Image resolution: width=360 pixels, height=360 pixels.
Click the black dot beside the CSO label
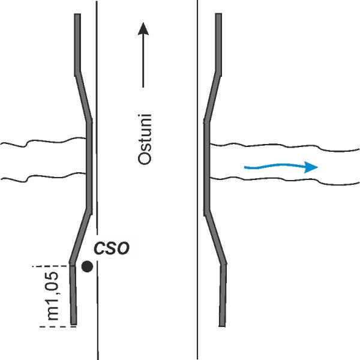pos(87,266)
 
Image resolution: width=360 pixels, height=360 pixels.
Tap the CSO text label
pos(112,248)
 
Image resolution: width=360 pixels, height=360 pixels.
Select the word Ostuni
pos(145,139)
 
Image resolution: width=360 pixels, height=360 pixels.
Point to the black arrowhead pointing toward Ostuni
pos(143,29)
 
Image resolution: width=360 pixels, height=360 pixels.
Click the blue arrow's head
pos(311,167)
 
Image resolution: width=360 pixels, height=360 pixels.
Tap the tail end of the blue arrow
pos(245,167)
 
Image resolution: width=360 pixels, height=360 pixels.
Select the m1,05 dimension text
pos(53,296)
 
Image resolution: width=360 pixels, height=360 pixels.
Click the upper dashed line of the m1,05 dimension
pos(51,266)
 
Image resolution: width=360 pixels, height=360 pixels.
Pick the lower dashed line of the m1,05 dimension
pos(58,326)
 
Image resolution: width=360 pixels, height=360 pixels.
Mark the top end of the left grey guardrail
pos(77,14)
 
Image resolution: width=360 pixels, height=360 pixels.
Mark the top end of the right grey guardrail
pos(218,14)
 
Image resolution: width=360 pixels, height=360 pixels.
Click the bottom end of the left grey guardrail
pos(73,324)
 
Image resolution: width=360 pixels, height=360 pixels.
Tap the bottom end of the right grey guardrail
pos(222,326)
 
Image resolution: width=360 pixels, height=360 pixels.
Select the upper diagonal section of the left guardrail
pos(83,97)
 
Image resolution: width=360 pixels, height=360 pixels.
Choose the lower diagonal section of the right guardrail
pos(215,237)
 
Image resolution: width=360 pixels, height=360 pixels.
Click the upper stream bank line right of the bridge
pos(284,146)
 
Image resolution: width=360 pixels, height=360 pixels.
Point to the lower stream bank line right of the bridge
pos(284,180)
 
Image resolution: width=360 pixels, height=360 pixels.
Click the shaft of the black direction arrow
pos(143,61)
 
